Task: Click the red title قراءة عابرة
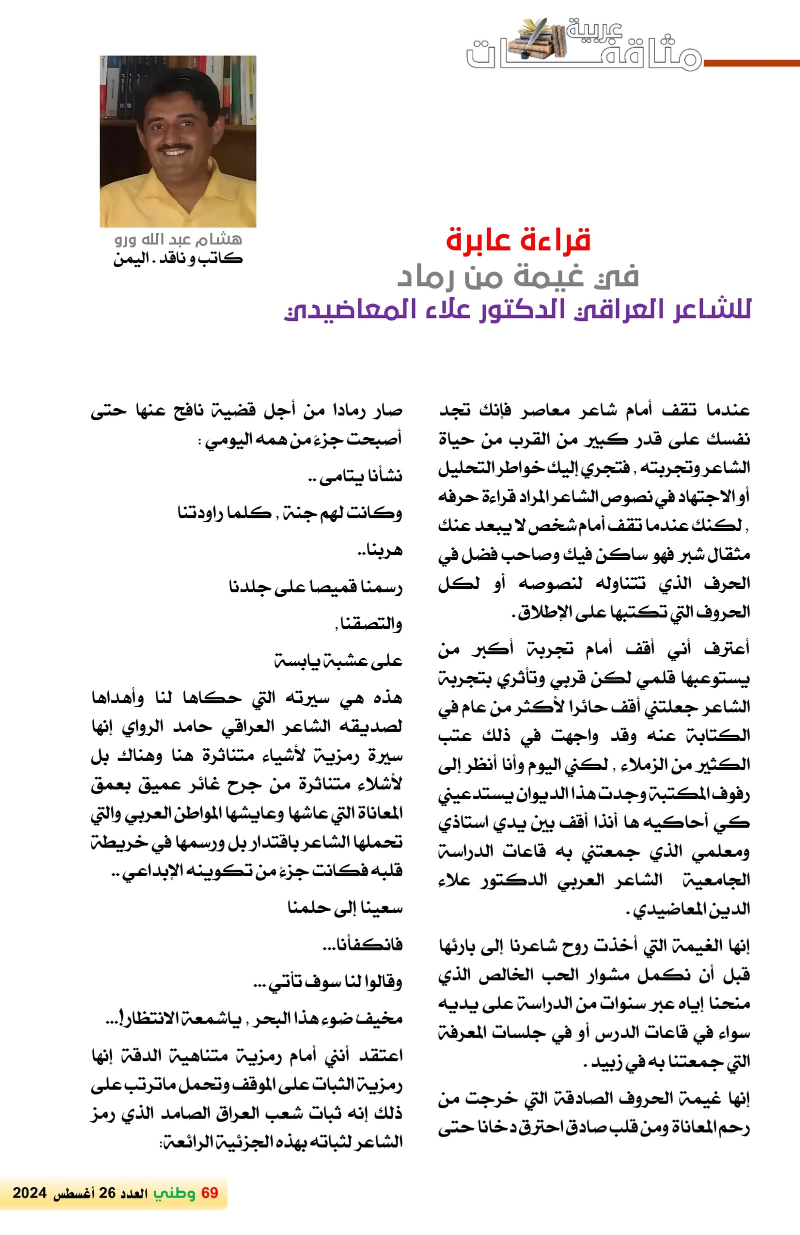tap(518, 240)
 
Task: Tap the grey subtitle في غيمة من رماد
tap(517, 276)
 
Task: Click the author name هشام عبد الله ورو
tap(178, 240)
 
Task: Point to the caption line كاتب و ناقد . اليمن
tap(178, 258)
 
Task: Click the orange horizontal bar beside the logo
tap(751, 63)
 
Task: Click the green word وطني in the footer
tap(174, 1194)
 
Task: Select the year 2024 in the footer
tap(29, 1194)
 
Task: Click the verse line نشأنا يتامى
tap(355, 476)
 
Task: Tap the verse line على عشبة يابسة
tap(338, 661)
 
